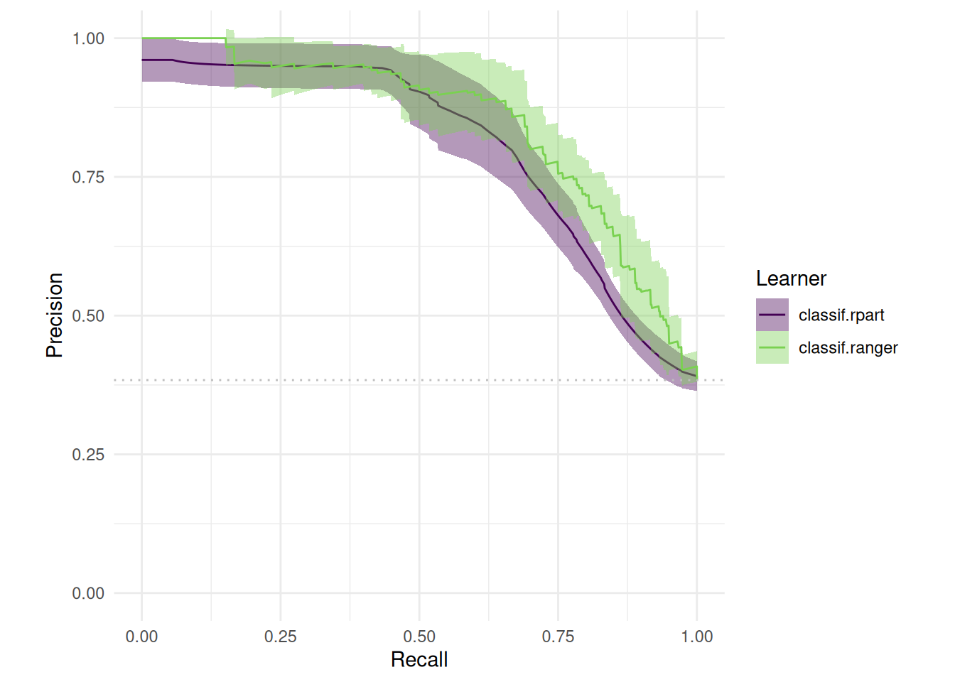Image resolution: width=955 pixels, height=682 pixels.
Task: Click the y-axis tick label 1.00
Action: click(88, 38)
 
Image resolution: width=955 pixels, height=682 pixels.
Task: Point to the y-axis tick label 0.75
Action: click(88, 177)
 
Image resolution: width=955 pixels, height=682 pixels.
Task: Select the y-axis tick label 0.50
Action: click(88, 315)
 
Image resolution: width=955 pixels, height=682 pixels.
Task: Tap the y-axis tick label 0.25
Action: click(88, 455)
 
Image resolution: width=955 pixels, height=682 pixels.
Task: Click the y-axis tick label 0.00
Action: click(88, 593)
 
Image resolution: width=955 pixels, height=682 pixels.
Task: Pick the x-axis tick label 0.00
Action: click(141, 637)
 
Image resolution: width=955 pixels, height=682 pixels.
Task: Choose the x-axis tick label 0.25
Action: click(281, 637)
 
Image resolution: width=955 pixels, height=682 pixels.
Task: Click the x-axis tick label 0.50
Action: click(419, 637)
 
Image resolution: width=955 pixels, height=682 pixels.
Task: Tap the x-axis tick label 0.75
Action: click(558, 637)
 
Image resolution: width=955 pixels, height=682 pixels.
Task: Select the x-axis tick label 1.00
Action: click(697, 637)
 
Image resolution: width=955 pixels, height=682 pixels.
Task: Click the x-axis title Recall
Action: click(419, 660)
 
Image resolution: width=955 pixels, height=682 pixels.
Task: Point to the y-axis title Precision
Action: click(55, 315)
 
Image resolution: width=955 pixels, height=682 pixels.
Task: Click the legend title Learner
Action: click(791, 278)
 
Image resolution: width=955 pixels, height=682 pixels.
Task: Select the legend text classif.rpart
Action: click(841, 315)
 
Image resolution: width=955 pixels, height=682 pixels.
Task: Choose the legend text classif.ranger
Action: click(848, 347)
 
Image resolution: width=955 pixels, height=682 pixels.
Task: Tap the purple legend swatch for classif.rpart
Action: click(772, 315)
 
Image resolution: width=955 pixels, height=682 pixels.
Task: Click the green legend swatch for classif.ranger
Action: click(772, 347)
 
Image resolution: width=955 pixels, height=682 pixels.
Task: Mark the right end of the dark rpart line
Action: click(696, 376)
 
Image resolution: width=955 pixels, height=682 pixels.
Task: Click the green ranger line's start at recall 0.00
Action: click(142, 38)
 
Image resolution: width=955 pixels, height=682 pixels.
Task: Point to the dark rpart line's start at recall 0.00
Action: click(142, 60)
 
